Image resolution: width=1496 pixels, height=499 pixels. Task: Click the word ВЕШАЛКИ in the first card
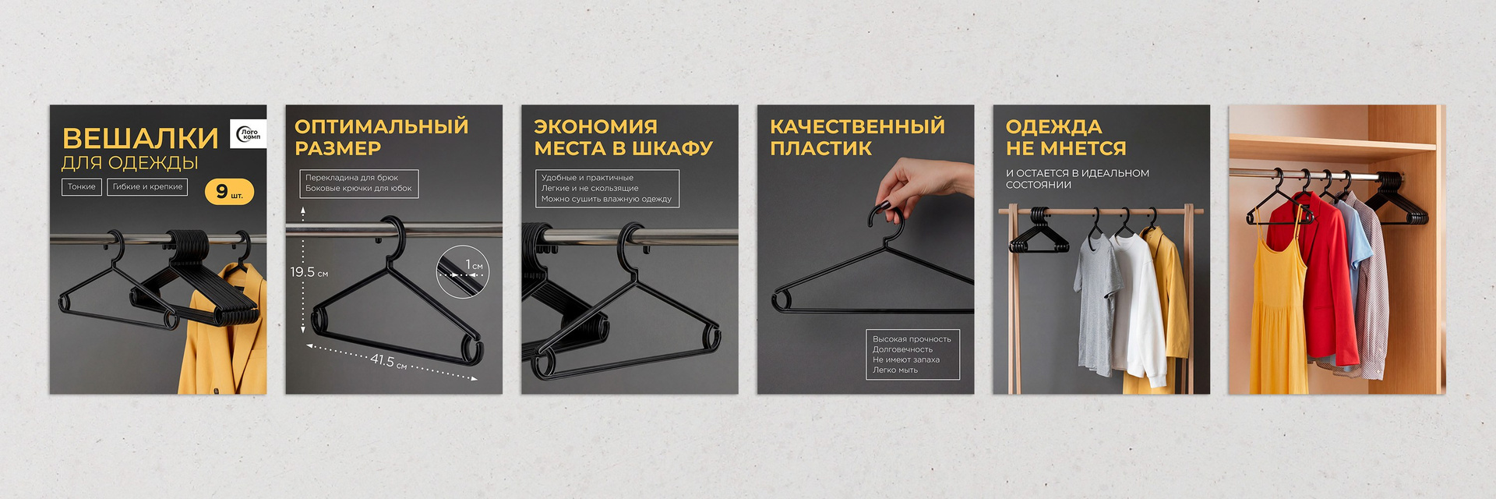tap(140, 138)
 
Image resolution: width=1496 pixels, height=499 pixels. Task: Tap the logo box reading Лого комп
tap(249, 134)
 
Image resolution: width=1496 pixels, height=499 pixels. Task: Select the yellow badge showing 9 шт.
tap(229, 192)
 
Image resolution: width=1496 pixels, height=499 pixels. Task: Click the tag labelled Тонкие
tap(82, 186)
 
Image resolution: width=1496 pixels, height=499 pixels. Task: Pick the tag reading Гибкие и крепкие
tap(147, 186)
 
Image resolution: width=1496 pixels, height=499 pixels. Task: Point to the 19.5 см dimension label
tap(309, 272)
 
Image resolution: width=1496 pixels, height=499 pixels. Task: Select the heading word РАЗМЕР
tap(337, 148)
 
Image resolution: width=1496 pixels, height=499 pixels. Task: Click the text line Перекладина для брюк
tap(351, 178)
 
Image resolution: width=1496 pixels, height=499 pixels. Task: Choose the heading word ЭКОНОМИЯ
tap(595, 126)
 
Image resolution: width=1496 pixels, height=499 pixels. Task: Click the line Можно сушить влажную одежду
tap(606, 199)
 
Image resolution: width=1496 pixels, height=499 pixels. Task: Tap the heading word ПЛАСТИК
tap(820, 148)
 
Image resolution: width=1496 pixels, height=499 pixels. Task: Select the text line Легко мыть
tap(895, 370)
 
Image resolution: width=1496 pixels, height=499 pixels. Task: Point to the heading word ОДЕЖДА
tap(1053, 126)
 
